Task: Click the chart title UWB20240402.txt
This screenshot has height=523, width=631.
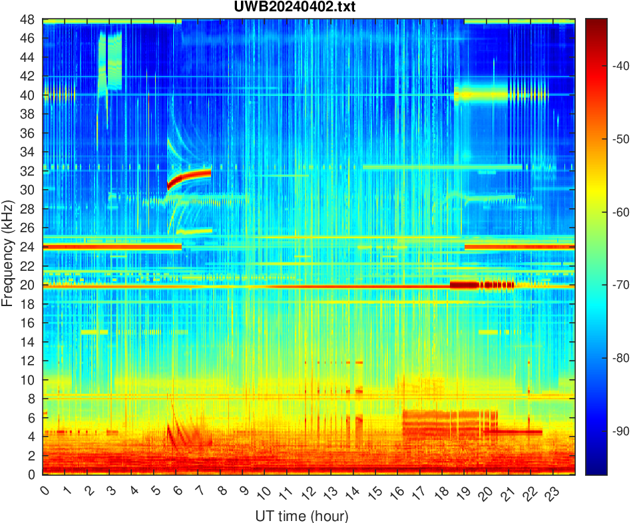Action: pos(308,7)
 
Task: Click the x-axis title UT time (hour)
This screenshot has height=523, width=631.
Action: pos(302,516)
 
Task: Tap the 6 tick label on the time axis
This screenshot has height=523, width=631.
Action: pos(176,492)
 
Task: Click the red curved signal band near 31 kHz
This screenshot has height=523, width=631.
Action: pos(193,176)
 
